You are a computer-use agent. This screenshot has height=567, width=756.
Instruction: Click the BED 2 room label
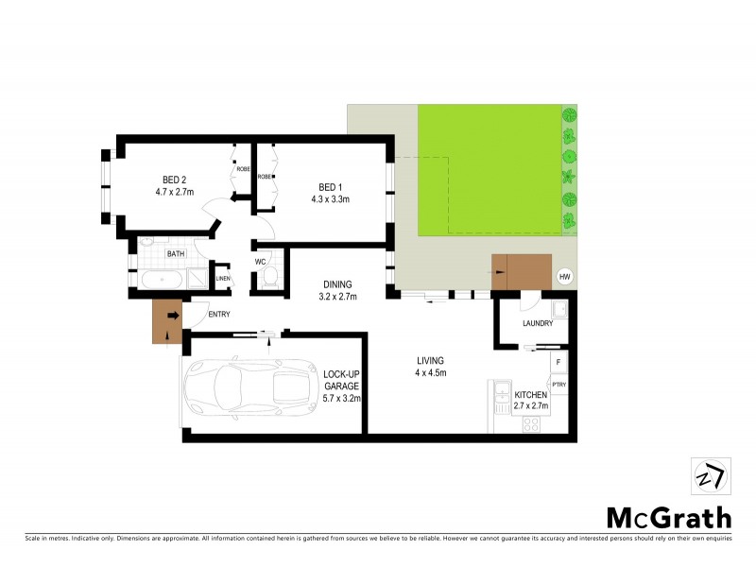(x=173, y=180)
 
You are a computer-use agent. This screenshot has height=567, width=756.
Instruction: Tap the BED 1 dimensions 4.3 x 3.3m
(x=330, y=198)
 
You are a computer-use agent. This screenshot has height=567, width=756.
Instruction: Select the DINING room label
(x=337, y=283)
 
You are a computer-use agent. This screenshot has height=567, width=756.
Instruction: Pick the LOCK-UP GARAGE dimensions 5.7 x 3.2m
(x=342, y=399)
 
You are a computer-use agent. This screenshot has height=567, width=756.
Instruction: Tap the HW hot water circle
(x=565, y=276)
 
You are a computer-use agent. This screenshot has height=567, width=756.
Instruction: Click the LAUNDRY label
(x=537, y=324)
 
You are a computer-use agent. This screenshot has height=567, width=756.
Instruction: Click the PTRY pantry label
(x=558, y=385)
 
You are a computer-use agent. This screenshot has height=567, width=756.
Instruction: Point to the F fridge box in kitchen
(x=558, y=362)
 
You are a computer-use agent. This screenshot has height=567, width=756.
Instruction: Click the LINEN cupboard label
(x=223, y=278)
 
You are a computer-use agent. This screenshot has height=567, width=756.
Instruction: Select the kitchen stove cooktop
(x=531, y=423)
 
